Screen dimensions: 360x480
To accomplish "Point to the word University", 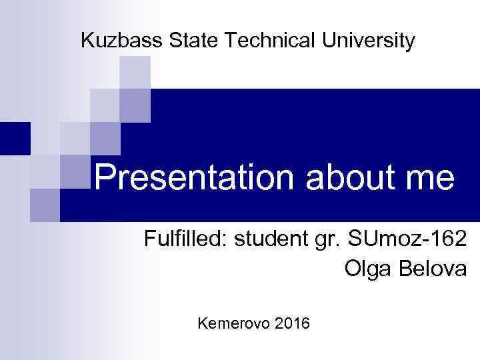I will [x=371, y=41].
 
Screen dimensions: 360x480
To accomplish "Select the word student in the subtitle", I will [x=269, y=240].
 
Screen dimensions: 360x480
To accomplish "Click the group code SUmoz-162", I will [x=407, y=240].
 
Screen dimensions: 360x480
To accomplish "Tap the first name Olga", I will [x=365, y=269].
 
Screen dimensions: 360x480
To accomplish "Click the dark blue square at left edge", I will [x=15, y=138].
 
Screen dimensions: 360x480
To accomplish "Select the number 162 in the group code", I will [x=445, y=240].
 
